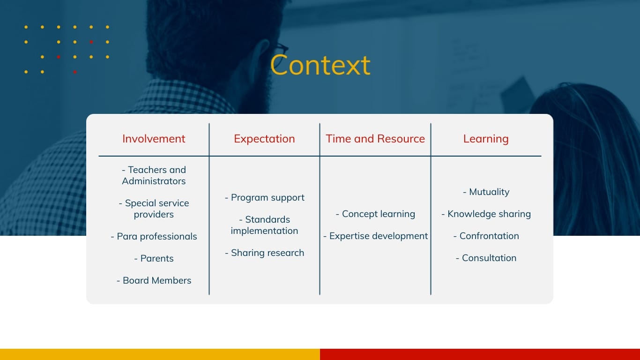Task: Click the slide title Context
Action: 320,65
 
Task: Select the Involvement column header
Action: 154,139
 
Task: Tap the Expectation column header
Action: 264,139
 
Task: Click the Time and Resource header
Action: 375,139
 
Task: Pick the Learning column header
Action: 486,139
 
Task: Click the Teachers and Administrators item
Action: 154,175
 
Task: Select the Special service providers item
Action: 154,209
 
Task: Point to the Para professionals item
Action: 154,236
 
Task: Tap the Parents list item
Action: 154,258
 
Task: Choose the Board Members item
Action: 154,280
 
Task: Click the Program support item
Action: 265,198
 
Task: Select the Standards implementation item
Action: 264,225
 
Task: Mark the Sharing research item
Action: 265,253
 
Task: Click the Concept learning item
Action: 375,214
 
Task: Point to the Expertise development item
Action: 375,236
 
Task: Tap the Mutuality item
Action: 486,192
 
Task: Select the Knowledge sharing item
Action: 486,214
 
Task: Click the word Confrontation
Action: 489,236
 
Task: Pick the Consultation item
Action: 486,258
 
